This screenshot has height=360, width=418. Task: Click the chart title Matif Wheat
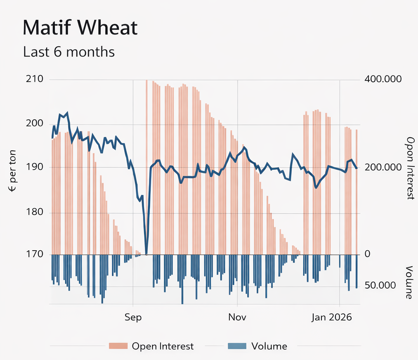coord(80,28)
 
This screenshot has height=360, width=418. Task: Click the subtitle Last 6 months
coord(68,52)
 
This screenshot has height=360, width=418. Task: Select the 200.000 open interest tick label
coord(383,167)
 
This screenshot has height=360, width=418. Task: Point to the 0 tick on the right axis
coord(368,254)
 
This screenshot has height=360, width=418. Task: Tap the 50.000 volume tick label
coord(380,286)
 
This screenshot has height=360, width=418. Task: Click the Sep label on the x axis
coord(133,317)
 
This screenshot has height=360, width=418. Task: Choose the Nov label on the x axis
coord(237,317)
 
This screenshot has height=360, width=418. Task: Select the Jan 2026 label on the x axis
coord(331,317)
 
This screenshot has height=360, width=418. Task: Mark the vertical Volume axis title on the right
coord(409,282)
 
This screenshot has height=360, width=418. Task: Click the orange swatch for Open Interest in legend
coord(118,346)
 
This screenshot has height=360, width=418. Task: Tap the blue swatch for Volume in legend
coord(236,346)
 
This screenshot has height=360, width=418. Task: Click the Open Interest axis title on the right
coord(410,168)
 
